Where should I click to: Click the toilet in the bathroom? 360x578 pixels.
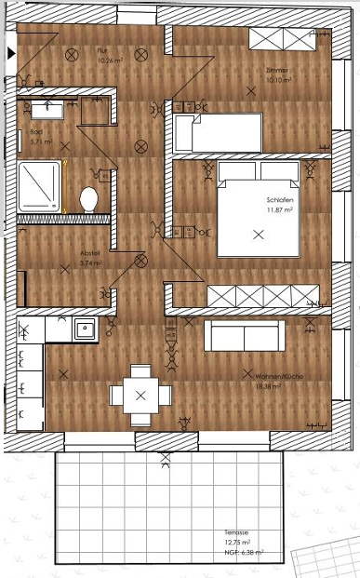(89, 197)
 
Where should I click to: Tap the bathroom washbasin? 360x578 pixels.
(47, 109)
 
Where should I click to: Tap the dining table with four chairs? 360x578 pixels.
(140, 395)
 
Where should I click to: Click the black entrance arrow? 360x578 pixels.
(10, 54)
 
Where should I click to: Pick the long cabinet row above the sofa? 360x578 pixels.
(263, 296)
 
